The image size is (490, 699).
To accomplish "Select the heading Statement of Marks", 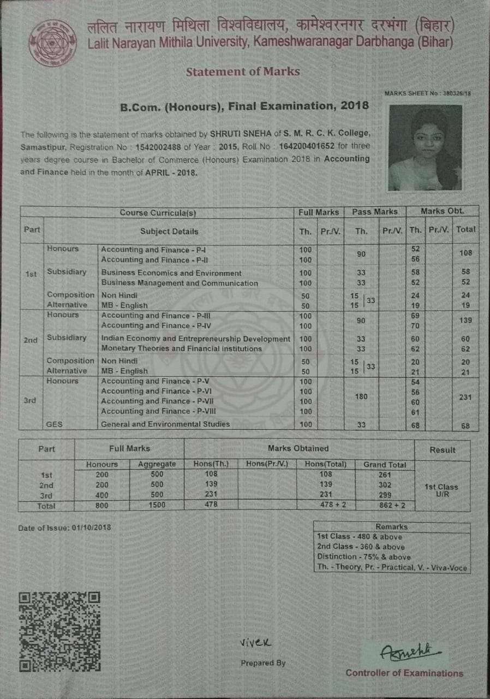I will (243, 72).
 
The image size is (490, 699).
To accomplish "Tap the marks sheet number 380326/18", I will (457, 93).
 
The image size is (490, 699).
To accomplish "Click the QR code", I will (60, 631).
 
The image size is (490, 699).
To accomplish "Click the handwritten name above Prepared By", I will (255, 642).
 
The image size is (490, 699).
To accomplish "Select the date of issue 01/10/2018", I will (87, 528).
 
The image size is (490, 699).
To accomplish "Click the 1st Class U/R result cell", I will (441, 489).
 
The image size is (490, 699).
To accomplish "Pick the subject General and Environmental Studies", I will (165, 424).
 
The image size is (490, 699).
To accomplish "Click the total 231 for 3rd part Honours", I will (465, 398).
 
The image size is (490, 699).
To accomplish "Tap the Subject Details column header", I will (169, 232).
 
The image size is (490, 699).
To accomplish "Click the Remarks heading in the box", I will (391, 527).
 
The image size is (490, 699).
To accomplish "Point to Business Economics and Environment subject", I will (171, 273).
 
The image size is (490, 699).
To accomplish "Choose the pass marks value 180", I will (361, 396).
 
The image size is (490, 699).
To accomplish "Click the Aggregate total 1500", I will (157, 506).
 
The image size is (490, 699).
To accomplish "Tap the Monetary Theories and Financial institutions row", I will (181, 348).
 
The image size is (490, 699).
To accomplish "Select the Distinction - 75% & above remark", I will (364, 557).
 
